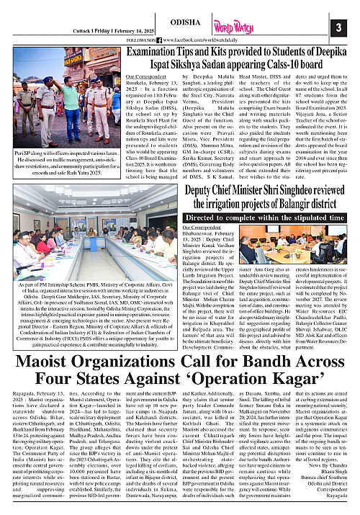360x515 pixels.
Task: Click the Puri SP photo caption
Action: pos(62,167)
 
